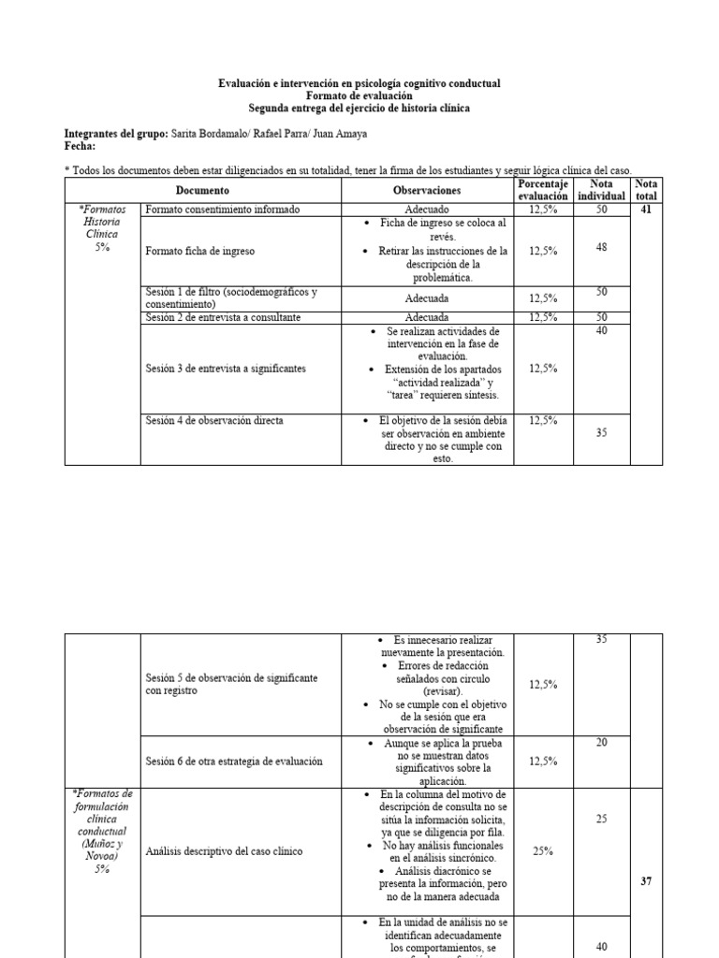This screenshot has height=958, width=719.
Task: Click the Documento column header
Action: coord(201,190)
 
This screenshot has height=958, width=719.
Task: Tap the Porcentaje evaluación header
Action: coord(543,190)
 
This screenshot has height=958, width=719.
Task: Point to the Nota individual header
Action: coord(601,190)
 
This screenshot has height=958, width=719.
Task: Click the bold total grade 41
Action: coord(645,210)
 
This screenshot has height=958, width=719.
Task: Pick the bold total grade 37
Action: coord(645,881)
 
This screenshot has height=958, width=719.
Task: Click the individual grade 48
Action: coord(601,247)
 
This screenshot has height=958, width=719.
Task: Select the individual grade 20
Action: coord(601,742)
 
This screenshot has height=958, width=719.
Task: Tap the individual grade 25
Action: coord(601,819)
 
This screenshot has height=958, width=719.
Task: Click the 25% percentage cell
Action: coord(543,851)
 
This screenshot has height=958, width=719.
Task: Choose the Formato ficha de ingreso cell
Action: coord(200,252)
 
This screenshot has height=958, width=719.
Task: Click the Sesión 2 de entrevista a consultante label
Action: coord(223,318)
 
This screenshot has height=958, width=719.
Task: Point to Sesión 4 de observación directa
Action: coord(214,421)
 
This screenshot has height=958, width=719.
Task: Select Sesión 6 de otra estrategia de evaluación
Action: coord(234,761)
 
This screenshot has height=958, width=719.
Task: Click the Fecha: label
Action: coord(80,146)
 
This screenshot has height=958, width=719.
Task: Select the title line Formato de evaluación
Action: coord(359,96)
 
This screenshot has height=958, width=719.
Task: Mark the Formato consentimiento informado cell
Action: coord(223,210)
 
